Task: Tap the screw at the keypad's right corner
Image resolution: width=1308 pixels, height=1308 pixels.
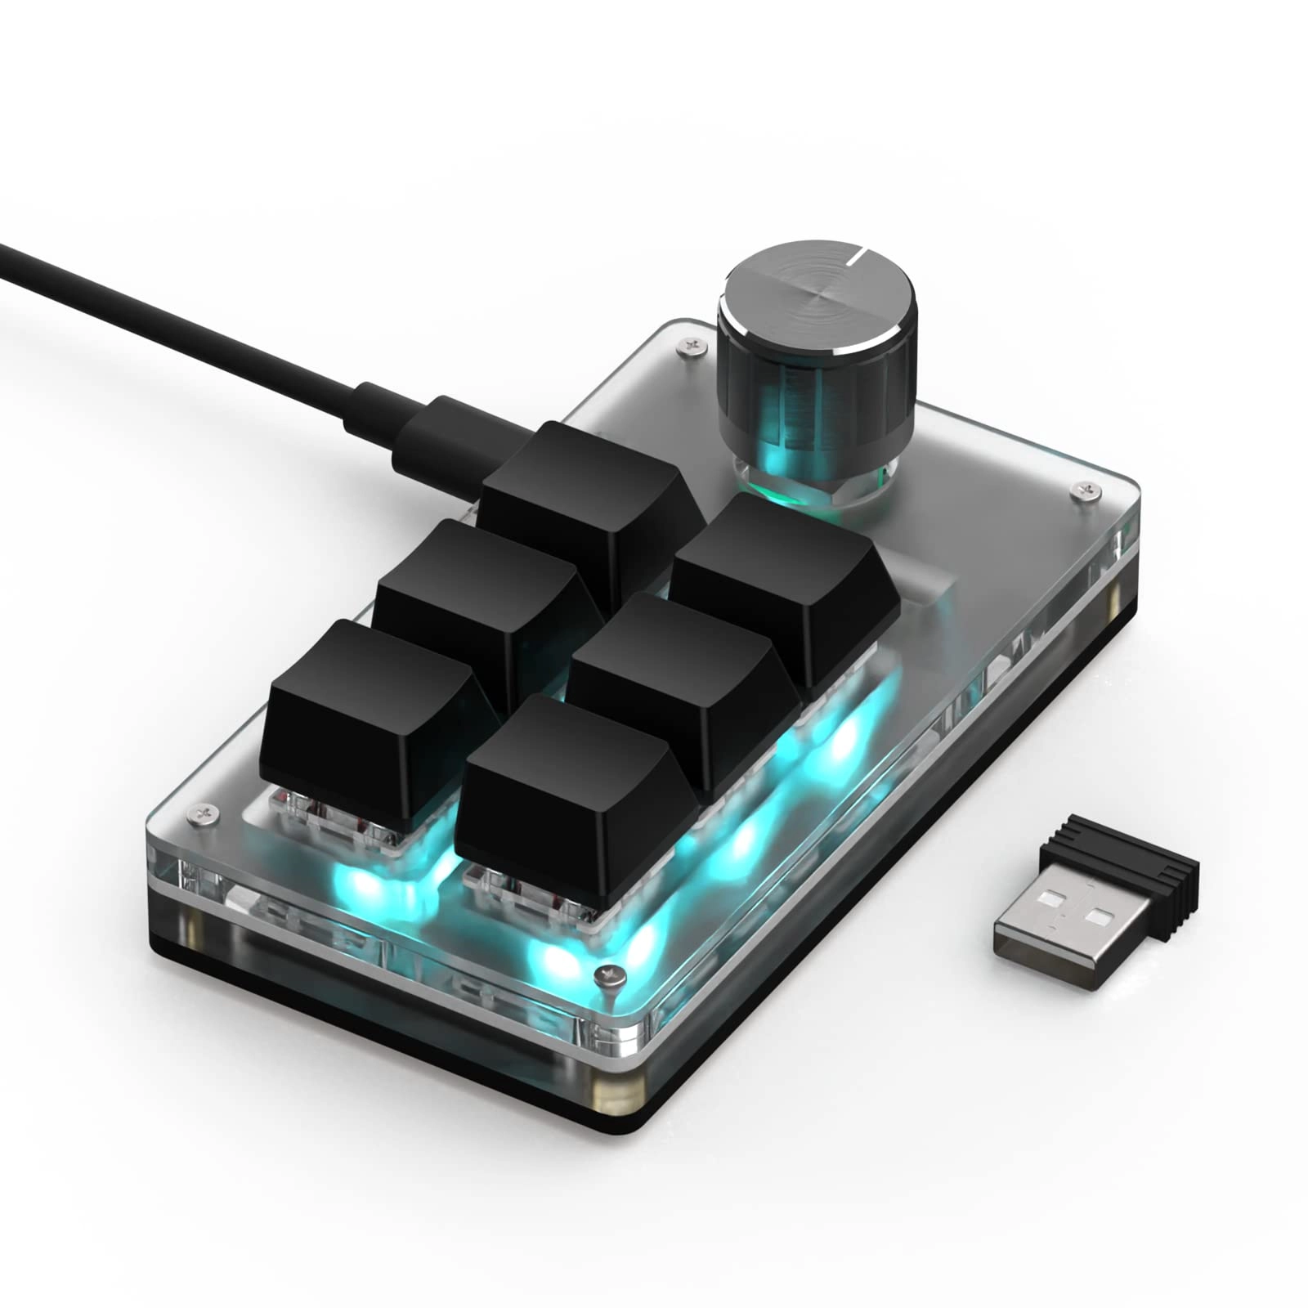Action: point(1086,490)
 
